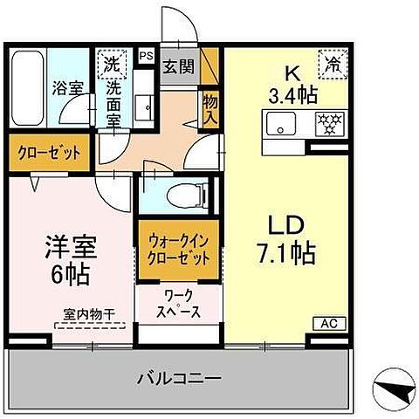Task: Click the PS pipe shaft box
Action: click(147, 57)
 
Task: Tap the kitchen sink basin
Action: click(281, 126)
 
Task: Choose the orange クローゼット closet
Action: click(50, 152)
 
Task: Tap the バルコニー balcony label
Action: click(180, 380)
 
